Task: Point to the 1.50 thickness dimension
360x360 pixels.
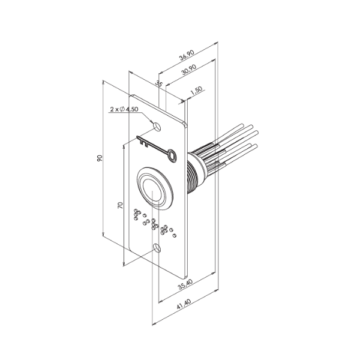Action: click(x=196, y=91)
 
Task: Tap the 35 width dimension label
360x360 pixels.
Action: click(x=159, y=83)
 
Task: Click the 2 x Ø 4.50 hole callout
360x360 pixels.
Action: click(x=124, y=109)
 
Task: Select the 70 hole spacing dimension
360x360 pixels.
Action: click(x=120, y=205)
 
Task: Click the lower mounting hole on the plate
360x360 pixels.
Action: click(x=157, y=247)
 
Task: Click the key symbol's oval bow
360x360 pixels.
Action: click(x=173, y=155)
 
